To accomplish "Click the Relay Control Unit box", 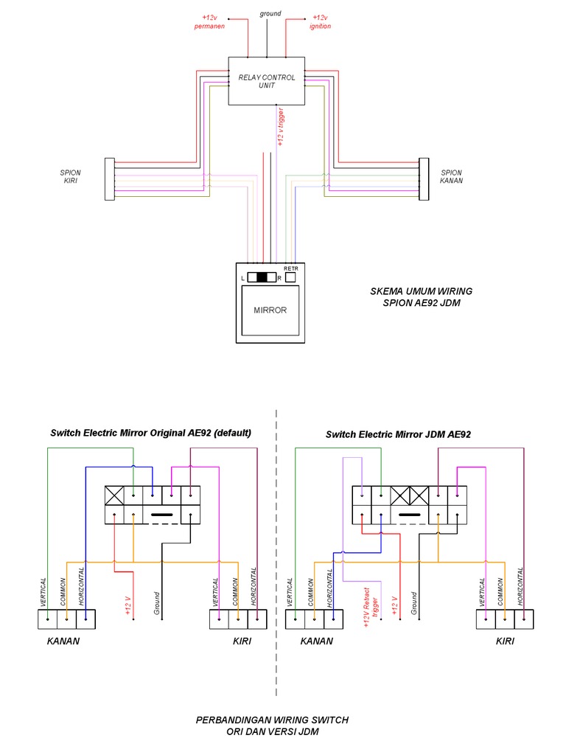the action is (x=266, y=81).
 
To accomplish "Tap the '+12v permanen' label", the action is (x=209, y=21).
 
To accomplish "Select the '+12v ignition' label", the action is (x=320, y=21).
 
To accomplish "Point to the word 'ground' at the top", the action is (x=270, y=13).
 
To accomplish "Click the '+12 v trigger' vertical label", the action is (x=281, y=127).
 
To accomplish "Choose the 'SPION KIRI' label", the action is (x=70, y=176).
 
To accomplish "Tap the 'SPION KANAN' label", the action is (x=452, y=176).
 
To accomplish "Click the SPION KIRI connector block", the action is (x=110, y=179).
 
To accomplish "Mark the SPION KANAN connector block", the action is (x=424, y=179).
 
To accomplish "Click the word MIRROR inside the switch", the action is (x=270, y=310).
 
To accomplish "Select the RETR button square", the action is (x=290, y=277).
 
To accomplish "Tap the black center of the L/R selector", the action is (x=262, y=277).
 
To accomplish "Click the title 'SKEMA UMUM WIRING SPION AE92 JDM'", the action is (x=421, y=297).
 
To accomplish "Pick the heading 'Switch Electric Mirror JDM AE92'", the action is (x=398, y=434).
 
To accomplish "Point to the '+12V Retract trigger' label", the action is (x=371, y=607).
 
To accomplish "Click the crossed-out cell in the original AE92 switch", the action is (x=114, y=495).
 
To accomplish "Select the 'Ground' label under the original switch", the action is (x=156, y=603).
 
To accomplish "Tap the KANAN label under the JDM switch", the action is (x=317, y=641).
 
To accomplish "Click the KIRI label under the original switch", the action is (x=242, y=641).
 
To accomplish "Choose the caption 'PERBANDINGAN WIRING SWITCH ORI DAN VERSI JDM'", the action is (x=272, y=726).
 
